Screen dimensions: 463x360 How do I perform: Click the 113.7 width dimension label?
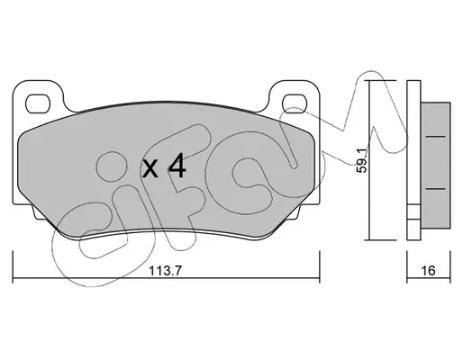[166, 271]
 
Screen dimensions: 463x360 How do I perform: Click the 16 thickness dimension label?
[428, 271]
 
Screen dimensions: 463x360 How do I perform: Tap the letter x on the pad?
[150, 168]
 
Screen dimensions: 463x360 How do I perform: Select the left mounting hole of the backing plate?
[38, 103]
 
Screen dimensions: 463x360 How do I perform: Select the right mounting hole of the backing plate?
[295, 103]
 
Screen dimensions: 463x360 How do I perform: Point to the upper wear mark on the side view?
[435, 137]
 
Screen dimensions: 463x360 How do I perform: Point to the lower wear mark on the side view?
[435, 189]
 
